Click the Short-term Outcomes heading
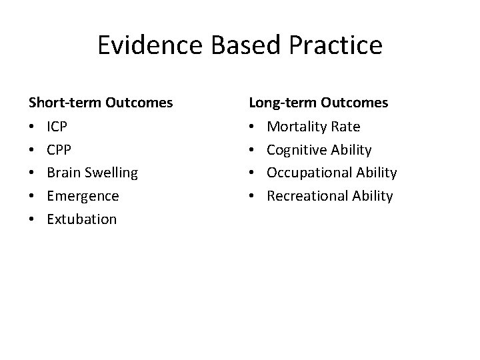(x=101, y=103)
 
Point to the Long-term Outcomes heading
(x=319, y=103)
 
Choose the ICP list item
(x=57, y=127)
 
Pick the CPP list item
(x=57, y=150)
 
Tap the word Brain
(x=63, y=173)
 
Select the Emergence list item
(x=83, y=196)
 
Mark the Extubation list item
(x=81, y=219)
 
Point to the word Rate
(x=345, y=127)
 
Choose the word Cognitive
(x=297, y=150)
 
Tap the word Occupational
(x=307, y=173)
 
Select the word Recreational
(x=305, y=196)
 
